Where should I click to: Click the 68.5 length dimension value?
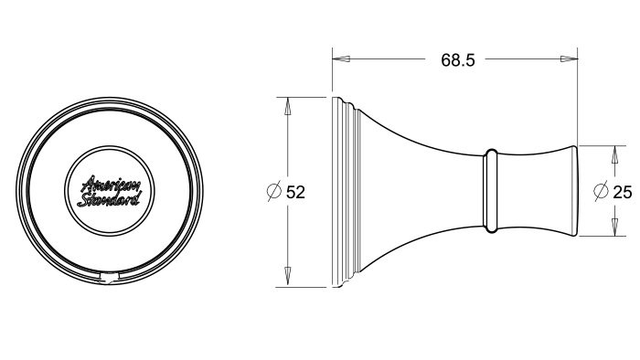(x=458, y=60)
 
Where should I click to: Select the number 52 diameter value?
(x=295, y=192)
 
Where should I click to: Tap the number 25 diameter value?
(x=623, y=192)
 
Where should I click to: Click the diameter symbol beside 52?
(x=274, y=192)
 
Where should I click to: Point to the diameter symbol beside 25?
(x=601, y=191)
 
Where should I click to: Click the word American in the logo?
(x=111, y=185)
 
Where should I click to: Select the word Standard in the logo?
(x=109, y=199)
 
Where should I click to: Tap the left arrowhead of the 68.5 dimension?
(x=341, y=59)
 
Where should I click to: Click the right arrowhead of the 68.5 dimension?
(x=569, y=59)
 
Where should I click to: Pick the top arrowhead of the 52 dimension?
(x=287, y=106)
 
